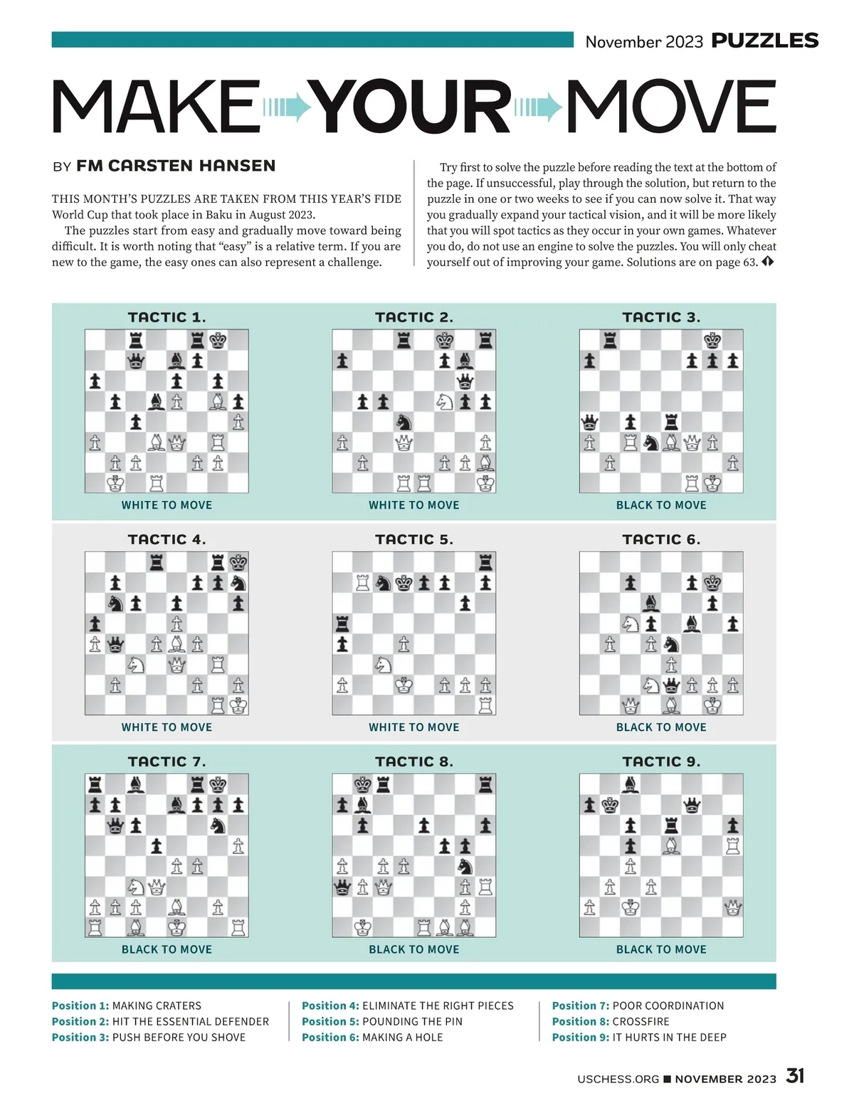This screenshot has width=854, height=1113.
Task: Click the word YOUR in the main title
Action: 413,107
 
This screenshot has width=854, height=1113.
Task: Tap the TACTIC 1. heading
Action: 167,317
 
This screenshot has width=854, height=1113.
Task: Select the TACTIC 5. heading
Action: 414,539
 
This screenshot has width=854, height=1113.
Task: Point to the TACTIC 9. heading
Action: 661,761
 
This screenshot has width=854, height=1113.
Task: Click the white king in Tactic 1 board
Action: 115,483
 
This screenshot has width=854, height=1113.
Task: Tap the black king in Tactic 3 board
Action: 712,340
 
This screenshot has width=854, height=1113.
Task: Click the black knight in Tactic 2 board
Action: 404,422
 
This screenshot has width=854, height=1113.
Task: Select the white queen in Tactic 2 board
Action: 404,443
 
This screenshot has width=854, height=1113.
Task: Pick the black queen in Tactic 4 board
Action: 115,645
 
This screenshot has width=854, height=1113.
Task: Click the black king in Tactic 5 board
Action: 404,584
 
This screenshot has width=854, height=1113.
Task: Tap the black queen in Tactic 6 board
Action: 671,685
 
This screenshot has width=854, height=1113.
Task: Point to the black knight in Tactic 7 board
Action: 218,825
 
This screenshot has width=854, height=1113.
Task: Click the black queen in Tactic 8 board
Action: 342,887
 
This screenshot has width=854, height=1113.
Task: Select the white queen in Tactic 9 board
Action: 732,907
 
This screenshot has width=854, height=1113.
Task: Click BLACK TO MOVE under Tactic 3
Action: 661,505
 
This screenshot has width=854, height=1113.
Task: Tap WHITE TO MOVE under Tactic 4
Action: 167,727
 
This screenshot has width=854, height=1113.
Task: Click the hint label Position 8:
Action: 580,1021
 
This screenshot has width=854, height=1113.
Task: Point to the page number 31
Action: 795,1076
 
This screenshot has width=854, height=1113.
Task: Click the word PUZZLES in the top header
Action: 765,41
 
